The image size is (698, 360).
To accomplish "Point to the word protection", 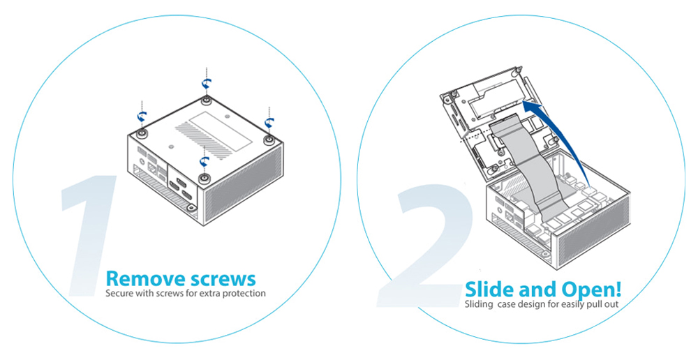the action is (x=244, y=294).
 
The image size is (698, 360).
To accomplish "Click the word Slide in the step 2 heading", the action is (x=490, y=290).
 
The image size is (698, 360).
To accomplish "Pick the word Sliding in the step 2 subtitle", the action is (x=479, y=305).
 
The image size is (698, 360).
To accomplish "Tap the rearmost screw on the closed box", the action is (x=205, y=100).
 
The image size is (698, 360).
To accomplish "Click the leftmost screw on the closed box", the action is (x=142, y=133).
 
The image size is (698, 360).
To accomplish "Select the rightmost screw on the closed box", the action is (x=269, y=140).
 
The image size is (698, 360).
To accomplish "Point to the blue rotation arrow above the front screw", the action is (x=205, y=160).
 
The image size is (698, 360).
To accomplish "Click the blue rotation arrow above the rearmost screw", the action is (x=206, y=83).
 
